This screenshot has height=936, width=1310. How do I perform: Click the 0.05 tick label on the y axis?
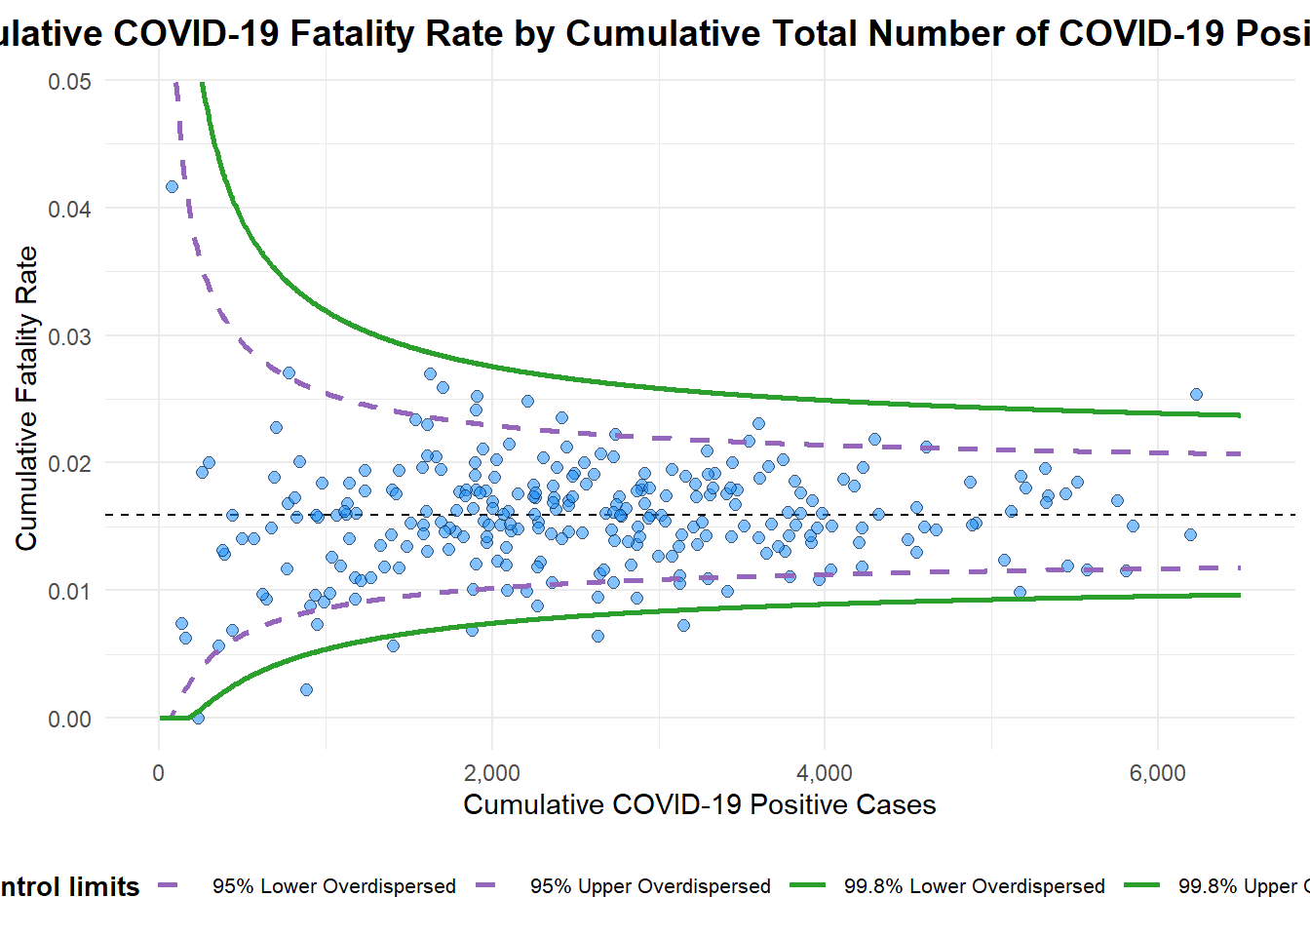[69, 81]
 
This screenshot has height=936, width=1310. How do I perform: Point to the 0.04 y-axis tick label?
[69, 209]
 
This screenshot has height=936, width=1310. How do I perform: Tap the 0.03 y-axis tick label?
[69, 336]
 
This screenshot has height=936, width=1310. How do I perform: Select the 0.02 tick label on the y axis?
[69, 463]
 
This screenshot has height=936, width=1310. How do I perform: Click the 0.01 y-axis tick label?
[69, 591]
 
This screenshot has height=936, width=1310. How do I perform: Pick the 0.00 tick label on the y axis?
[69, 719]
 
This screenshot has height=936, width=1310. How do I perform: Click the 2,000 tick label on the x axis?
[491, 773]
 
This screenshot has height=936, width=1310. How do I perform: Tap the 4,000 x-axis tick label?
[825, 773]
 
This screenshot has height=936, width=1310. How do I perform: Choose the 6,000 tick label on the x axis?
[1158, 773]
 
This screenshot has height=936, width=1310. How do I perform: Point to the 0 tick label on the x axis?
[159, 773]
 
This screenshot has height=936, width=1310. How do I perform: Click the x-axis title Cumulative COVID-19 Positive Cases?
[699, 804]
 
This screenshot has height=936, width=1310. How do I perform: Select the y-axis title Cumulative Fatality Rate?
[26, 398]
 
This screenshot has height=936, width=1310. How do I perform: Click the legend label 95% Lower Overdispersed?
[334, 886]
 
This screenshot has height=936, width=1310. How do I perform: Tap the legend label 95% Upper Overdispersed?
[650, 886]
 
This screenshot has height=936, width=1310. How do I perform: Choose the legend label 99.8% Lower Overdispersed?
[975, 886]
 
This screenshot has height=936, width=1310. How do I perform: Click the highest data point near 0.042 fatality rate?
[172, 186]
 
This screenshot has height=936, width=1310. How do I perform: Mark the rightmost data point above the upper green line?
[1196, 394]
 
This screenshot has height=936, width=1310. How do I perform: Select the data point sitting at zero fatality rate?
[198, 718]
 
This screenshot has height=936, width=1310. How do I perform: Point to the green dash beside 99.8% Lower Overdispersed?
[808, 885]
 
